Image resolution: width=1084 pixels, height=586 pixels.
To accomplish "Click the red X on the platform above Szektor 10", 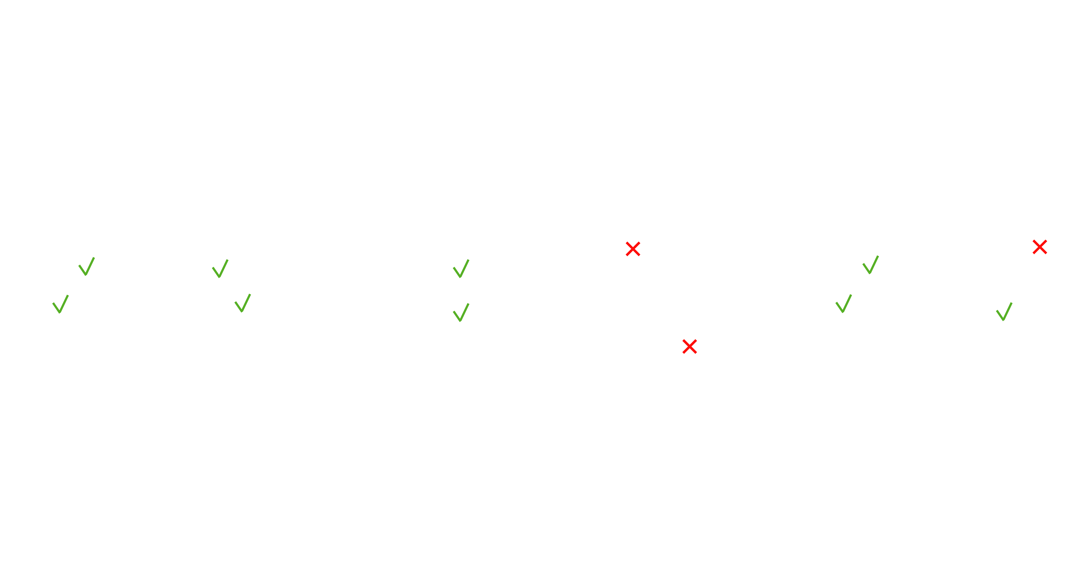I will point(632,249).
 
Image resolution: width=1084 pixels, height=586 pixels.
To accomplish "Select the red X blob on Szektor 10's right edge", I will point(689,346).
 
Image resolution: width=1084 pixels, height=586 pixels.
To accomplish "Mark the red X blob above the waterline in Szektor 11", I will point(1039,246).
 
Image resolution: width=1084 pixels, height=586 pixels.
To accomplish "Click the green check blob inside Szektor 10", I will point(461,312).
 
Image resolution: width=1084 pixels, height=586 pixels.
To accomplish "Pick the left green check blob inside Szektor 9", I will point(61,304).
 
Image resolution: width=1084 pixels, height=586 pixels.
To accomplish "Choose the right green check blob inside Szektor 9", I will point(242,303).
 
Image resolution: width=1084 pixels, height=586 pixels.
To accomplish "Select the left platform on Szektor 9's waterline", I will point(87,264).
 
